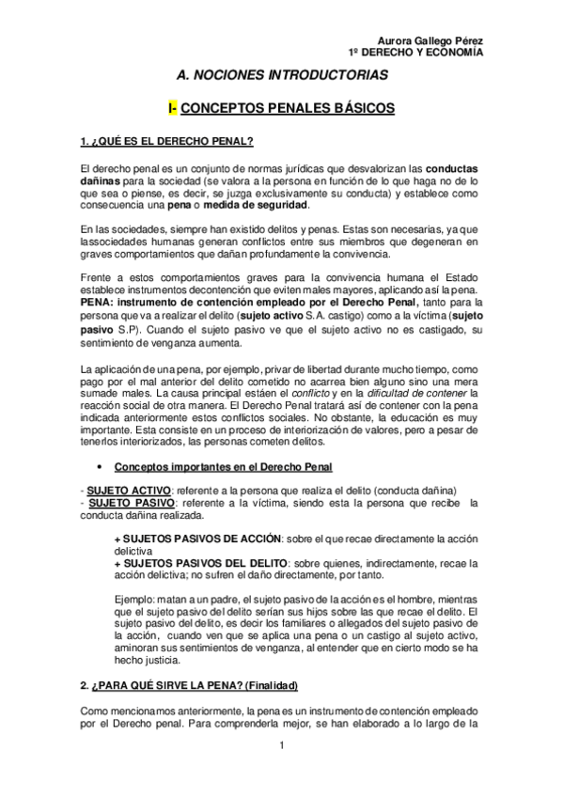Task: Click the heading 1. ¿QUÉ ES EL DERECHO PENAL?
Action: coord(166,143)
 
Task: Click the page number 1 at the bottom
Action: coord(281,747)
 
